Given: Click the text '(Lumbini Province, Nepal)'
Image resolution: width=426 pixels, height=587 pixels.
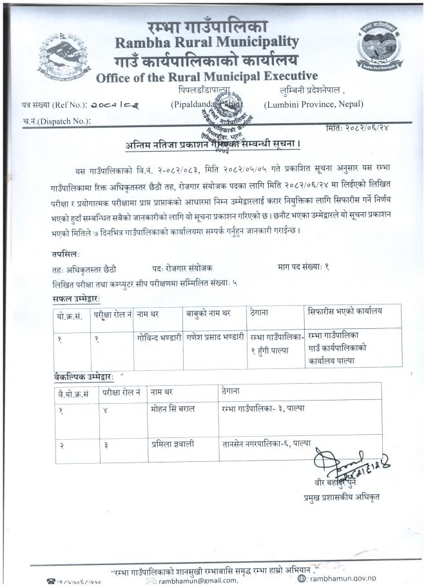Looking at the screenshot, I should pos(313,104).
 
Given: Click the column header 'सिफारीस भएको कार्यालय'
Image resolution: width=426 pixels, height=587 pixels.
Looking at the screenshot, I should pos(345,311).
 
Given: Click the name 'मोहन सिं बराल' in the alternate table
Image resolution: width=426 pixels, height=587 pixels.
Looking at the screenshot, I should pos(173,409).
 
